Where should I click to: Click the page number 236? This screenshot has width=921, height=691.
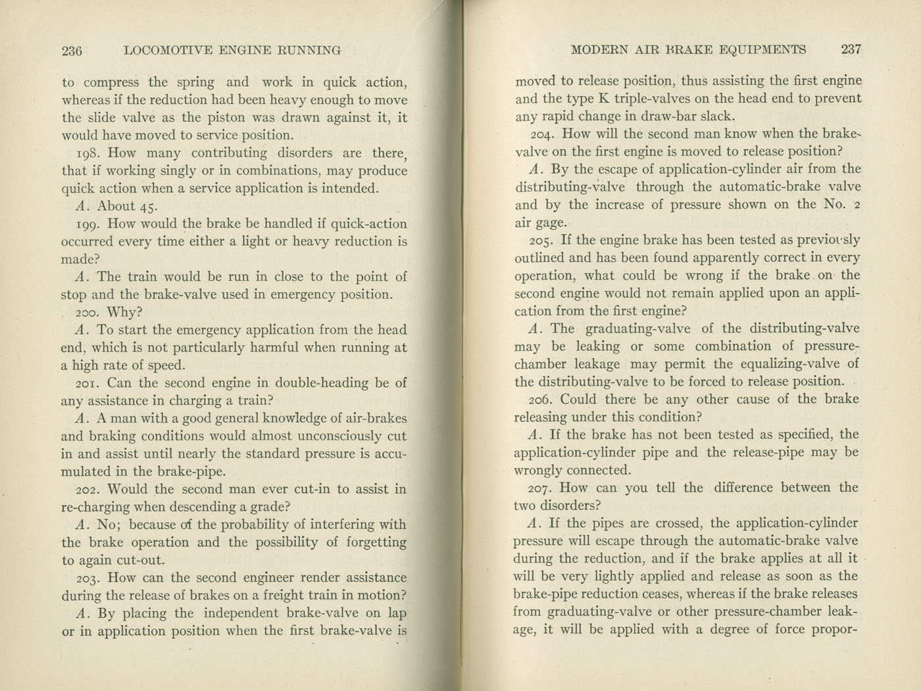point(71,50)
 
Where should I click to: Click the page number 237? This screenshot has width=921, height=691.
point(851,49)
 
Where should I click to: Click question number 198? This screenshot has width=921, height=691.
point(88,153)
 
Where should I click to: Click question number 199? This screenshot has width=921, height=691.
point(88,224)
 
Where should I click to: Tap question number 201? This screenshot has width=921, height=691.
point(88,383)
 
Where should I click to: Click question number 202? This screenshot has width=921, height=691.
point(88,490)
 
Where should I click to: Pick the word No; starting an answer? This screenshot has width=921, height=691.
point(109,525)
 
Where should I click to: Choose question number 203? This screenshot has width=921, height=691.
point(88,578)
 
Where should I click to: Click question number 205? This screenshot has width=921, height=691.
point(543,241)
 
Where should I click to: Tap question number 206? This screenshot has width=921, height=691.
point(543,399)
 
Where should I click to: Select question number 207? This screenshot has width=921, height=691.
point(543,488)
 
